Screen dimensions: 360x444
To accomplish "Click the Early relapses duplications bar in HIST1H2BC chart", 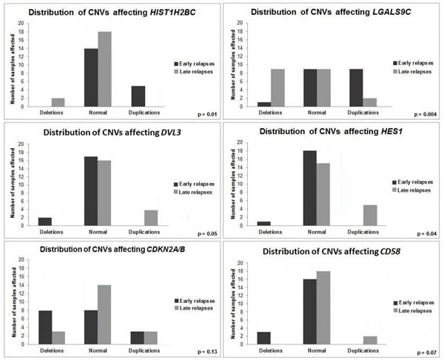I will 137,96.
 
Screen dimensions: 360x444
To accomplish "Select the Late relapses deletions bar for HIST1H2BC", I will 58,102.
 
